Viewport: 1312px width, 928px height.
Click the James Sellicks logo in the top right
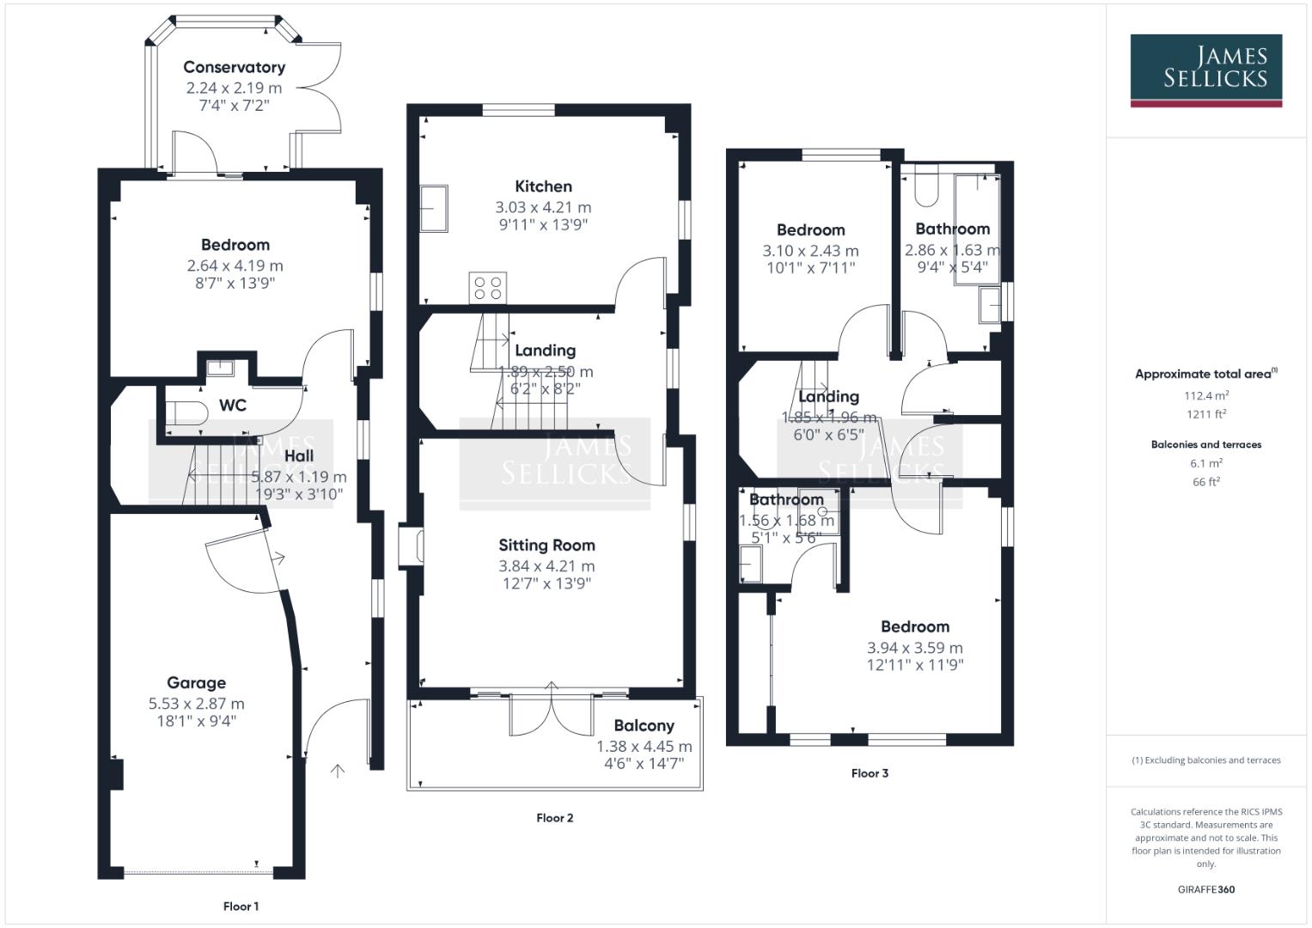[1205, 70]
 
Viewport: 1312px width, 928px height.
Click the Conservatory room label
[234, 67]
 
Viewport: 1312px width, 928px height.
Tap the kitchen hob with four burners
[487, 287]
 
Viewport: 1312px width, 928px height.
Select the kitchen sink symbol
[434, 208]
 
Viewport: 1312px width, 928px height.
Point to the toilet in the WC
[186, 412]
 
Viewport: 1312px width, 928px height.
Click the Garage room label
[196, 682]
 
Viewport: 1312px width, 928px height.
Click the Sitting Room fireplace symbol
[412, 548]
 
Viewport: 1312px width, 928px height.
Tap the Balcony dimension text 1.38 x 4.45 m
[644, 746]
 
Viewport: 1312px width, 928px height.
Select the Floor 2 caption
[554, 817]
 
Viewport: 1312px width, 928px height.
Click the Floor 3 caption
[870, 772]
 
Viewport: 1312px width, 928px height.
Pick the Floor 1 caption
[241, 906]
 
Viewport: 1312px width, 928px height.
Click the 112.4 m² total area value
[1205, 395]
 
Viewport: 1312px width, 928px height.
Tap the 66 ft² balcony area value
[1205, 481]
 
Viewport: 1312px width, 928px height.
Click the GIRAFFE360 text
[1205, 889]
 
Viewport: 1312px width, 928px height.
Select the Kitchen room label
[543, 186]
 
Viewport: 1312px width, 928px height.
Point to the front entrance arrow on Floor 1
[338, 771]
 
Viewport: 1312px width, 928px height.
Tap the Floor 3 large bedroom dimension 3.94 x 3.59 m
[914, 648]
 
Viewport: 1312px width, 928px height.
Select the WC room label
[233, 405]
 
